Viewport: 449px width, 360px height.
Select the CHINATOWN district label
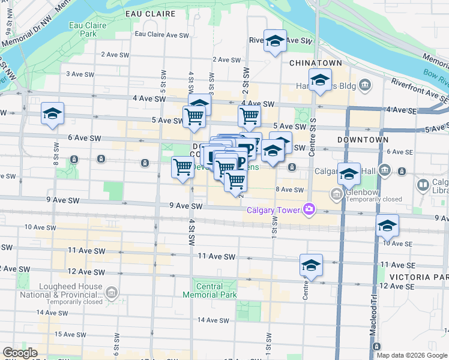click(x=315, y=63)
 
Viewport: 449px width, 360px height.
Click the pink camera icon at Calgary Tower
click(x=309, y=209)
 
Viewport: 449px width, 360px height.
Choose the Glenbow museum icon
click(x=336, y=194)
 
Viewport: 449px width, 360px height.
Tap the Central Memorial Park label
click(x=217, y=290)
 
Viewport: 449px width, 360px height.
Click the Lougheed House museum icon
click(x=112, y=292)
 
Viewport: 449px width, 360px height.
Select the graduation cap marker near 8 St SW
click(x=52, y=113)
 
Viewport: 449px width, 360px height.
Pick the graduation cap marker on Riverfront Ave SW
click(x=276, y=41)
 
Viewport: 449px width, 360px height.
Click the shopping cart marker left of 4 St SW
click(x=182, y=167)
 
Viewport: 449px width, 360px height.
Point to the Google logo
click(x=20, y=353)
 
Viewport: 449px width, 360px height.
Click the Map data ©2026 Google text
click(x=412, y=355)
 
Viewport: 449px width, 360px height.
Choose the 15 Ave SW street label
click(x=67, y=334)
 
